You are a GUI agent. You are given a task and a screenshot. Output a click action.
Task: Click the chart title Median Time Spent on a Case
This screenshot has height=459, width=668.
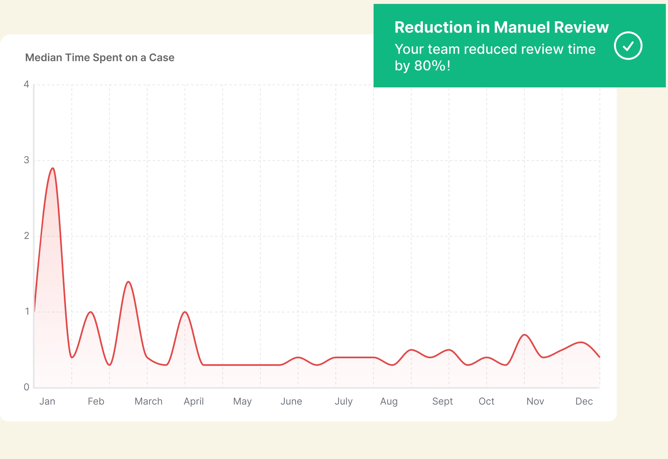tap(100, 58)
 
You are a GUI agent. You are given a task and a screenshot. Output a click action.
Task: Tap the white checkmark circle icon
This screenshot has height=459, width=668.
tap(628, 46)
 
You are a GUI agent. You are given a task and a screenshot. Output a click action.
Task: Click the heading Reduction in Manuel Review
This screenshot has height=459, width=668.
tap(501, 27)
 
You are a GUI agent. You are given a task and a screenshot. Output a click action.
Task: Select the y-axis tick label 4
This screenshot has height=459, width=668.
tap(27, 84)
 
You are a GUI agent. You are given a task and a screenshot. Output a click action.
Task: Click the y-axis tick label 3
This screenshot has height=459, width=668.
tap(27, 160)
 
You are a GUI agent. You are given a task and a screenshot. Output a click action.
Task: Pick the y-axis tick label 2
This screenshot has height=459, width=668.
tap(27, 236)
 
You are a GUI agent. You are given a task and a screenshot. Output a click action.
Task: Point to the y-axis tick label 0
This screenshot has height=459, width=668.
tap(27, 387)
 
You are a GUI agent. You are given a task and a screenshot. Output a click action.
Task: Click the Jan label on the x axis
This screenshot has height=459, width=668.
tap(47, 401)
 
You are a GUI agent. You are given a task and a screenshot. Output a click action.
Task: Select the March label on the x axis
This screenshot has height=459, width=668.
tap(149, 401)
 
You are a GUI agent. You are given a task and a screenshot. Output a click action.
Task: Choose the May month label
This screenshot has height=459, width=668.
tap(242, 401)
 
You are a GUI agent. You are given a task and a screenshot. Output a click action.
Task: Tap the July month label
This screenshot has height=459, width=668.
tap(344, 401)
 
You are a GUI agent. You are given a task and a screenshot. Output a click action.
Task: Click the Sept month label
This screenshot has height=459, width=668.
tap(443, 401)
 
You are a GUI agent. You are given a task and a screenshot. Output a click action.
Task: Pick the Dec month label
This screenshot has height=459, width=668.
tap(584, 401)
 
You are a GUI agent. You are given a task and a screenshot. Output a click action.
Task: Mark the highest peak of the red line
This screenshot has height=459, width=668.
tap(53, 168)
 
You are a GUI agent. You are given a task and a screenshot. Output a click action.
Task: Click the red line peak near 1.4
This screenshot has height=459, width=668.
tap(128, 282)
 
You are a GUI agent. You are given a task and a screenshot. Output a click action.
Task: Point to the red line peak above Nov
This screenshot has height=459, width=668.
tap(524, 335)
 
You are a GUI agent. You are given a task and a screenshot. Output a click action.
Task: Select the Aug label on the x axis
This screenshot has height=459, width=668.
tap(389, 401)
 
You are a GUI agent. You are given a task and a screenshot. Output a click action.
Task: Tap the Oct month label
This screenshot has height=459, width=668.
tap(486, 401)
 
